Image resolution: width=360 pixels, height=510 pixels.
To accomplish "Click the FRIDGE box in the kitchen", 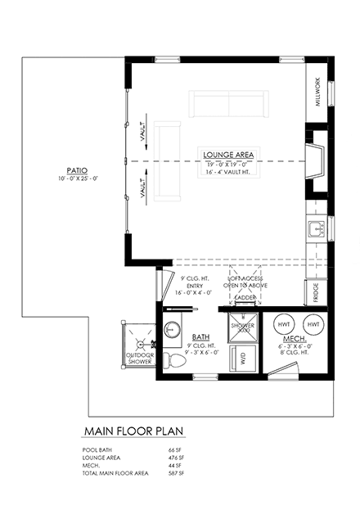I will point(316,290).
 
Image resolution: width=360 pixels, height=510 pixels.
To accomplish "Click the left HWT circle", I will point(283,322).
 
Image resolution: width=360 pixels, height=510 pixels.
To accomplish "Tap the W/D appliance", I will point(242,357).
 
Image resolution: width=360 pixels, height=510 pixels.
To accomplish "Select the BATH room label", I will point(200,337).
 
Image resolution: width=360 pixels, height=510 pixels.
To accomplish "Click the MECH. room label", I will point(295,338).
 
